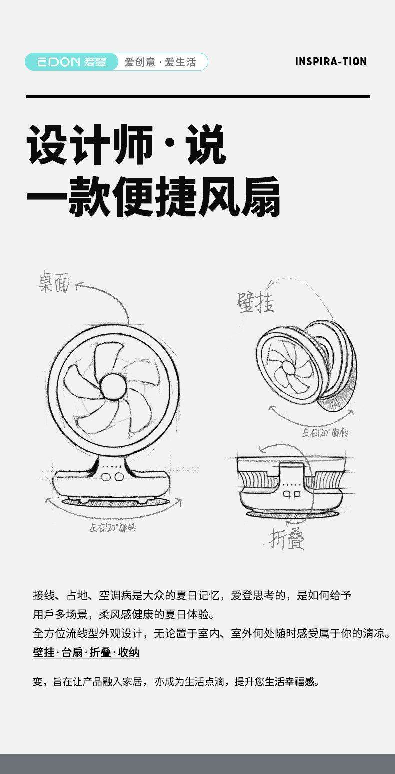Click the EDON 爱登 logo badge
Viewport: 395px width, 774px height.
point(71,62)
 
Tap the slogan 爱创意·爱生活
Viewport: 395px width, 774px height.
point(160,62)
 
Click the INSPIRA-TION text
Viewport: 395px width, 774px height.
point(331,62)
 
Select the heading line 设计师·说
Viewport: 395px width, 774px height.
point(126,145)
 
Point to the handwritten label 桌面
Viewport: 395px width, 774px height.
point(55,282)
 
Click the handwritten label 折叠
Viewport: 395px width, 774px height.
point(286,538)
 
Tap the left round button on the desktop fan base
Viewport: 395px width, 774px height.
point(106,476)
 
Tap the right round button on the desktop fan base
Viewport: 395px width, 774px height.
point(118,476)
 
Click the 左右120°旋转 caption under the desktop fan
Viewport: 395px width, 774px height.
point(112,528)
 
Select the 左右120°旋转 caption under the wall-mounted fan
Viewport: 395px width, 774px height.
point(325,433)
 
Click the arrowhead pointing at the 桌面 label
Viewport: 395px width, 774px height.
point(78,286)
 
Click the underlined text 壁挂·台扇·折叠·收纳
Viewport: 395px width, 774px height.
point(86,653)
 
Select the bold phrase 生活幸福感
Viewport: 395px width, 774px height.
point(290,681)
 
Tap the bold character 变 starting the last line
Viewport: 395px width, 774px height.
point(38,681)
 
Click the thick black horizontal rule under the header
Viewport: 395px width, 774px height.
point(197,96)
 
